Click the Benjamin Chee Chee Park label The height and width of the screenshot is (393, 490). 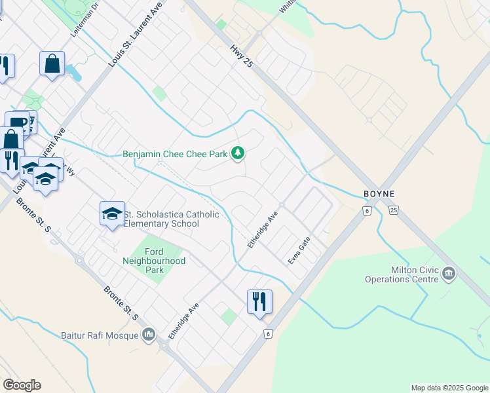[x=175, y=155]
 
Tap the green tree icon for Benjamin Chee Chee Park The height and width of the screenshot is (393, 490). [x=238, y=154]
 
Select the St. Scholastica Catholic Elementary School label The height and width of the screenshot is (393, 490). [x=162, y=219]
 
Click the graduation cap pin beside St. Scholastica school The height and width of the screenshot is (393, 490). [x=112, y=214]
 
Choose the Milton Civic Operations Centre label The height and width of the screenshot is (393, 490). [x=402, y=274]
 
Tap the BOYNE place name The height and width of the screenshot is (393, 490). [x=378, y=194]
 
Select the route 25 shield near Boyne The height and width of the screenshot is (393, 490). [x=392, y=210]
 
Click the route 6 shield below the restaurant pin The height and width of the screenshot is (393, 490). [x=267, y=334]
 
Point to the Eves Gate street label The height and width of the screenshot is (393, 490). [x=299, y=252]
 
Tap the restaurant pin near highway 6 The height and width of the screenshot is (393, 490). [x=259, y=301]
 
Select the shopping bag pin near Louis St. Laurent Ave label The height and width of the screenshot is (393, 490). [x=52, y=64]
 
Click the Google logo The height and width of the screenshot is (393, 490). [x=22, y=385]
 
